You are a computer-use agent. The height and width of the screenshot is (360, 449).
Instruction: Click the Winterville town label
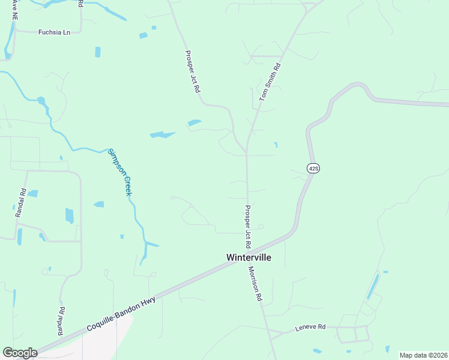click(x=249, y=257)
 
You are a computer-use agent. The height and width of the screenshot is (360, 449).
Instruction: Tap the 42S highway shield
click(x=312, y=169)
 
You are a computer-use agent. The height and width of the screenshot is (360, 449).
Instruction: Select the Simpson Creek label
click(x=119, y=172)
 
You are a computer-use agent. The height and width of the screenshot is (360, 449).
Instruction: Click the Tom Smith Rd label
click(x=270, y=82)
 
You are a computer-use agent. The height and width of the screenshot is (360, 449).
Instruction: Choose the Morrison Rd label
click(x=255, y=284)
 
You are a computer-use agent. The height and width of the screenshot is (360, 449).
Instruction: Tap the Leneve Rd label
click(x=310, y=327)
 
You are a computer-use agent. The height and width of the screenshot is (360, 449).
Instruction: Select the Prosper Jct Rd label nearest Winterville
click(x=247, y=227)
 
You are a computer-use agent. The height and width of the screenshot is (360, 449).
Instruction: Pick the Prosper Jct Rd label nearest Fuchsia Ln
click(x=193, y=71)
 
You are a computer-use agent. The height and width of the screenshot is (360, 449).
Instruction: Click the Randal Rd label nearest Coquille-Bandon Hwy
click(x=61, y=321)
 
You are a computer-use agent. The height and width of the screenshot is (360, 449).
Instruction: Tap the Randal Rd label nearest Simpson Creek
click(x=23, y=203)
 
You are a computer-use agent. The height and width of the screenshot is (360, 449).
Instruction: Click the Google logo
click(x=20, y=353)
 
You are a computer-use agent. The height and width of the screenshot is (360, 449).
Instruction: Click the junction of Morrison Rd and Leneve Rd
click(x=268, y=331)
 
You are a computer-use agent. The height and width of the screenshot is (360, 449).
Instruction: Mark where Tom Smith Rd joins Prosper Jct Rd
click(x=247, y=152)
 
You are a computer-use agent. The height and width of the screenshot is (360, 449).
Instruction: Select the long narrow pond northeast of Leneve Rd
click(x=373, y=287)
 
